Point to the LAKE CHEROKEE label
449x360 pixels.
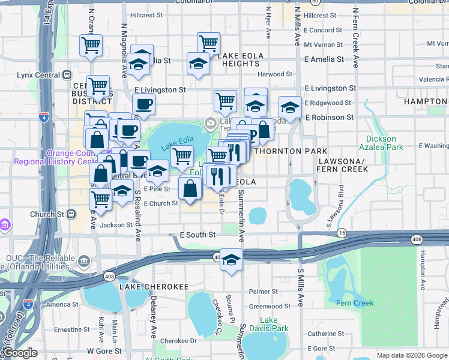click(x=154, y=287)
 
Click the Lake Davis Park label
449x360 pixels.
click(x=268, y=324)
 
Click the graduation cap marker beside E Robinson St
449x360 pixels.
click(x=290, y=108)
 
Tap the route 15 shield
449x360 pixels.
click(x=342, y=232)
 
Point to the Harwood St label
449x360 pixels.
click(x=274, y=74)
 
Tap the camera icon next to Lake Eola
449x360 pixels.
click(x=210, y=124)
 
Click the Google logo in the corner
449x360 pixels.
click(x=20, y=353)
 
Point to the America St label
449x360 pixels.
click(x=58, y=304)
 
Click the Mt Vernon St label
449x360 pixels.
click(x=323, y=45)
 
